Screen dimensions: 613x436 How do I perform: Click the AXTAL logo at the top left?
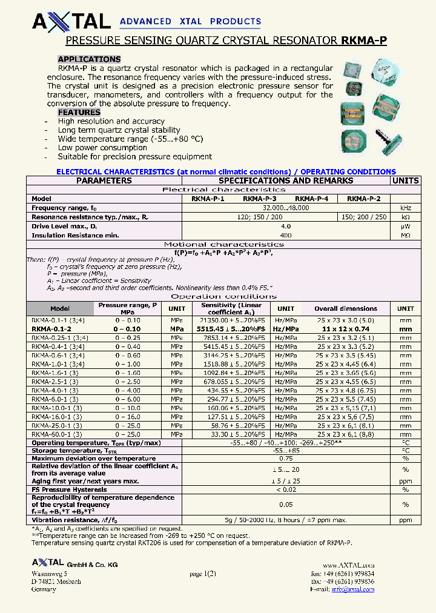[71, 22]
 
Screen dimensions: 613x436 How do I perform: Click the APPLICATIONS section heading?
[89, 59]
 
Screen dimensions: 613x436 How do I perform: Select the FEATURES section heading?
[79, 113]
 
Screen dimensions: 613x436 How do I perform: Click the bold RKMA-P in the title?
[364, 41]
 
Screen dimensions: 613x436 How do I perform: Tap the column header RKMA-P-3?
[260, 199]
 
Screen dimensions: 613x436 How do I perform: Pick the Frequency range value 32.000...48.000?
[286, 208]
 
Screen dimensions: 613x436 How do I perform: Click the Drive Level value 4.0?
[286, 226]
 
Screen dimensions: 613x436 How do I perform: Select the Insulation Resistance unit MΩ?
[405, 235]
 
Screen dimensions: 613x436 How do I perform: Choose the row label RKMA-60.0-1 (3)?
[55, 434]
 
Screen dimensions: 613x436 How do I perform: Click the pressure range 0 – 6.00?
[128, 399]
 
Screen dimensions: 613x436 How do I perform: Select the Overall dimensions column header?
[346, 308]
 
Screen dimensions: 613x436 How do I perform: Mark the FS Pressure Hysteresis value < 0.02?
[286, 489]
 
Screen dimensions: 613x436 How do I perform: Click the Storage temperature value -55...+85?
[286, 451]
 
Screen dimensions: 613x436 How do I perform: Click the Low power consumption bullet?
[102, 148]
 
